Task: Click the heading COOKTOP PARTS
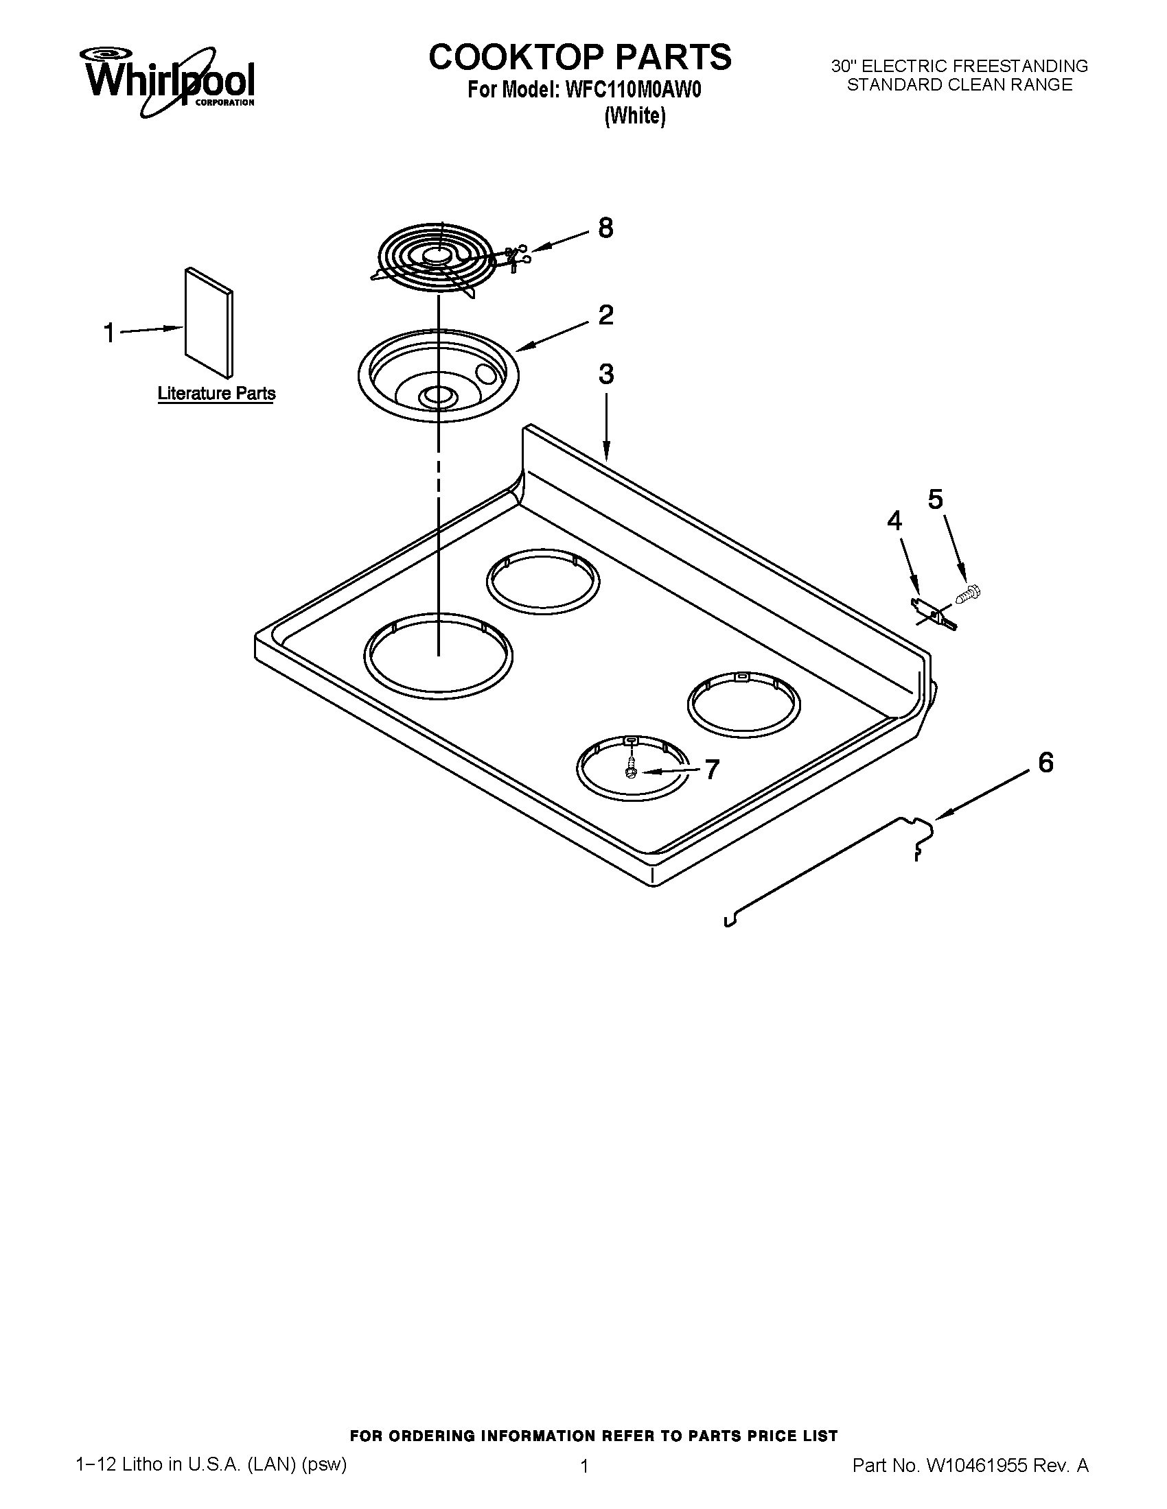click(579, 57)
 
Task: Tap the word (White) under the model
click(635, 116)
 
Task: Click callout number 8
click(605, 228)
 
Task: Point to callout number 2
click(605, 315)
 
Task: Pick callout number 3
click(605, 375)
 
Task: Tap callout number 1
click(109, 333)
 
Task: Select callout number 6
click(1045, 763)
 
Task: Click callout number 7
click(711, 769)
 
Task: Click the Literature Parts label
click(216, 394)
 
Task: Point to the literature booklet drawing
click(208, 322)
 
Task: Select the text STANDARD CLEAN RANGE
click(960, 85)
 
